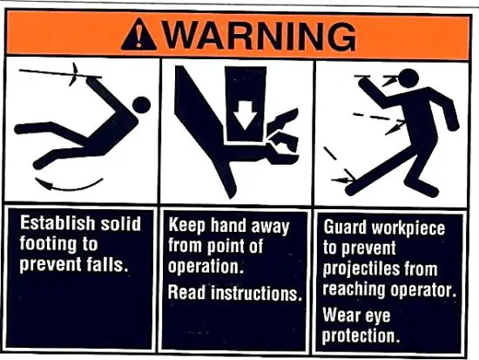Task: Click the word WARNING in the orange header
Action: (260, 35)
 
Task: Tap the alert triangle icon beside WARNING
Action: (142, 35)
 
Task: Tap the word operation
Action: (203, 266)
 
